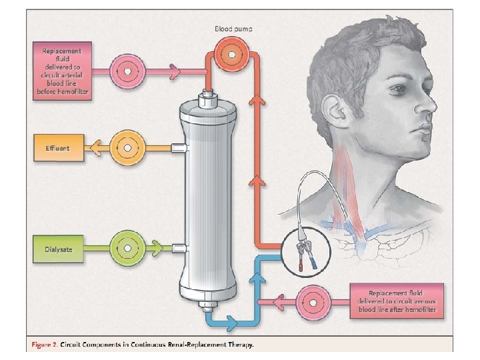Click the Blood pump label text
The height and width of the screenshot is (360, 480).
(x=233, y=29)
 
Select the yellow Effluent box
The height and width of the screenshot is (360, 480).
(x=57, y=146)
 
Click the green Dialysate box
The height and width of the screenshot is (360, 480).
(x=57, y=249)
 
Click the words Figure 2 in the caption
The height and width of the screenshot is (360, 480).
(x=45, y=345)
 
